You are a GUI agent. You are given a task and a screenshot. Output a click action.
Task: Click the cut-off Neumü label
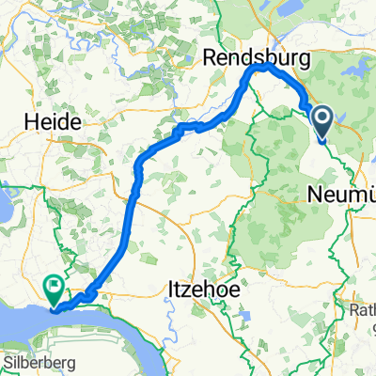(341, 196)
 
